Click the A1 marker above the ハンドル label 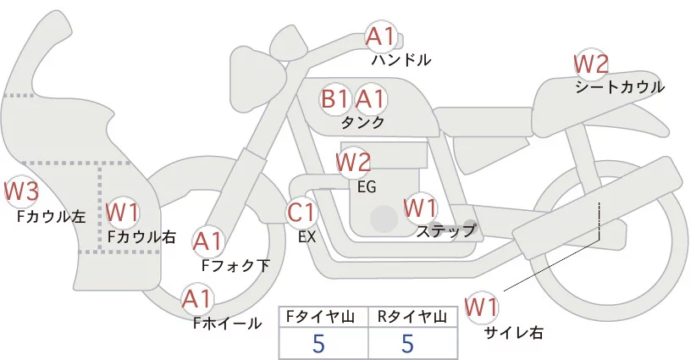pyautogui.click(x=381, y=37)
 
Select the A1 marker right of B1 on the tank pyautogui.click(x=371, y=99)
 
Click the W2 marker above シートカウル pyautogui.click(x=591, y=64)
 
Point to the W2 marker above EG pyautogui.click(x=353, y=162)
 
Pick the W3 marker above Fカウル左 pyautogui.click(x=21, y=191)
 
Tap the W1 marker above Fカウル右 pyautogui.click(x=123, y=213)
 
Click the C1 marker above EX pyautogui.click(x=301, y=213)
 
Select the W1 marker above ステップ pyautogui.click(x=420, y=208)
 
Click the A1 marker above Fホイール pyautogui.click(x=197, y=300)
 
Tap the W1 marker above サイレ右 pyautogui.click(x=482, y=307)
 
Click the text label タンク pyautogui.click(x=362, y=123)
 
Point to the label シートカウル pyautogui.click(x=620, y=87)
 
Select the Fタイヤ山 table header pyautogui.click(x=320, y=317)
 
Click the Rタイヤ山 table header pyautogui.click(x=412, y=317)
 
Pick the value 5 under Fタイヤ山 pyautogui.click(x=318, y=343)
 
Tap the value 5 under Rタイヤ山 pyautogui.click(x=407, y=343)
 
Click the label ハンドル pyautogui.click(x=401, y=59)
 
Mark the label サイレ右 pyautogui.click(x=514, y=333)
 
